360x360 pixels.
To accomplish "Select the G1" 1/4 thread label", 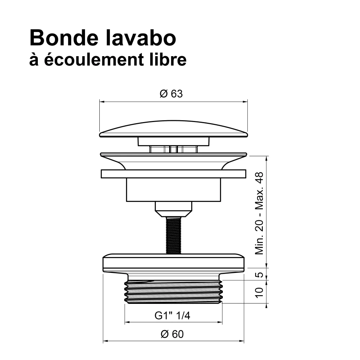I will coord(172,316).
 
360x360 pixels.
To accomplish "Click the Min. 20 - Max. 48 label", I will coord(259,213).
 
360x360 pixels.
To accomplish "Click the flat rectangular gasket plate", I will coord(174,174).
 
